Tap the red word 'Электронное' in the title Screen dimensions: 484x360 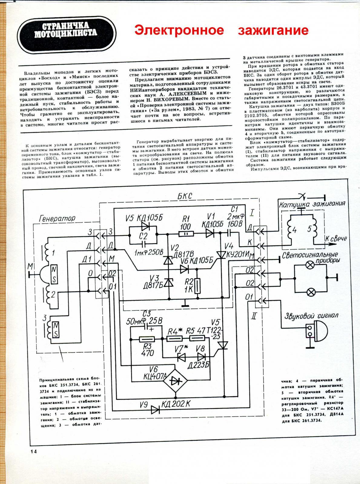(179, 30)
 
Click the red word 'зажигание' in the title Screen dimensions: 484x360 (273, 30)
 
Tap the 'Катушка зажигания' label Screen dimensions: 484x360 (312, 203)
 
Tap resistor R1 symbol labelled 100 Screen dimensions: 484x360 (187, 234)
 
